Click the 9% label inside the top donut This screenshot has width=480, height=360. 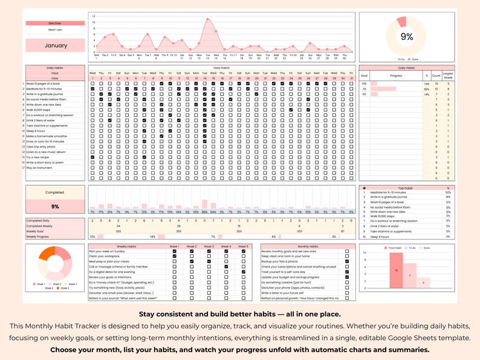point(407,37)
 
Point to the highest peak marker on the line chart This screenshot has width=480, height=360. point(208,19)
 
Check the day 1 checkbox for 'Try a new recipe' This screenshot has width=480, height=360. point(92,157)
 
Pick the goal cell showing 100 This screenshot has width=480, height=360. point(364,83)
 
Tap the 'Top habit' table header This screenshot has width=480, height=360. point(406,188)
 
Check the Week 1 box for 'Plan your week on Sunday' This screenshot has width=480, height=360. point(175,251)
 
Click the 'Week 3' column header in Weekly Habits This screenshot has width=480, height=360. point(209,246)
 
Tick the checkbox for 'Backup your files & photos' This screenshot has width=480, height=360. point(346,261)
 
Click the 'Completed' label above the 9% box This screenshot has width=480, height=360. point(54,192)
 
